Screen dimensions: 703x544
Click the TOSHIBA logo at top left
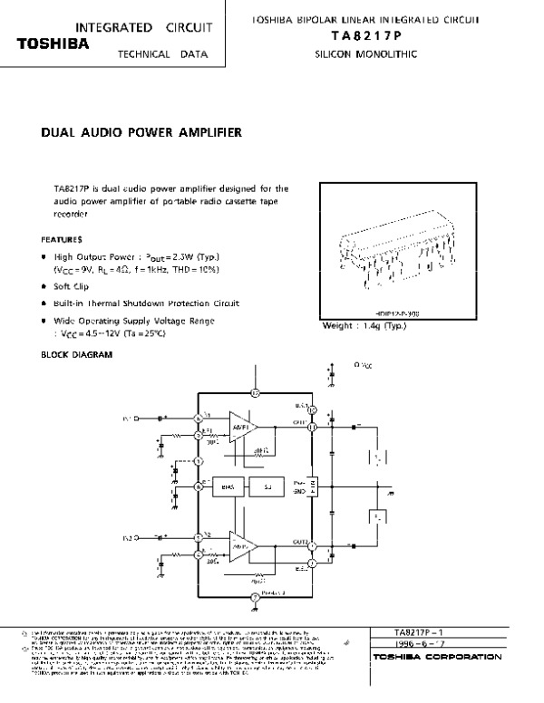click(x=50, y=43)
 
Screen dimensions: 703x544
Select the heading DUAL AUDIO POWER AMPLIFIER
click(x=141, y=132)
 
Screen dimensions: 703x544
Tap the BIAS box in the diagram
click(x=228, y=486)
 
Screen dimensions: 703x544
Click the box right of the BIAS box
click(x=268, y=486)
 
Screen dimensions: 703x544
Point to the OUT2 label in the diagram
click(x=301, y=542)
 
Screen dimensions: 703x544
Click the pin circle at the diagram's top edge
click(x=256, y=393)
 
